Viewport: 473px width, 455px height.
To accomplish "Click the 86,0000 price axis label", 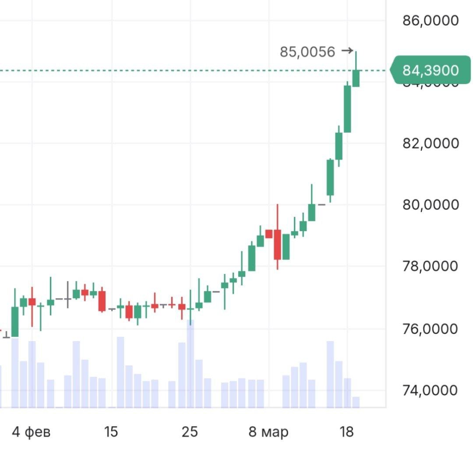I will pyautogui.click(x=431, y=21).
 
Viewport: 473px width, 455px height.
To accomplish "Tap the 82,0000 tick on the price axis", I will pyautogui.click(x=431, y=143).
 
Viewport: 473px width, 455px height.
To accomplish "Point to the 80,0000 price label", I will pyautogui.click(x=431, y=205).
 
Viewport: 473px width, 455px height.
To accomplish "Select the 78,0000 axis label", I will pyautogui.click(x=431, y=266).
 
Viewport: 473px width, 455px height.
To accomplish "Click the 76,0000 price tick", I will pyautogui.click(x=431, y=329).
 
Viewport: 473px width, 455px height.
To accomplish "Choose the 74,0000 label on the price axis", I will pyautogui.click(x=431, y=390).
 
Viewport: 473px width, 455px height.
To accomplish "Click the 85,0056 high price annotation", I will pyautogui.click(x=307, y=52).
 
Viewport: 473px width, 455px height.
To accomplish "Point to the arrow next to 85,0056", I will pyautogui.click(x=347, y=51).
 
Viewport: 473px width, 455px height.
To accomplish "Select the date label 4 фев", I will pyautogui.click(x=31, y=432).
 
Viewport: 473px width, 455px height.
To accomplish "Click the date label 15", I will pyautogui.click(x=111, y=432).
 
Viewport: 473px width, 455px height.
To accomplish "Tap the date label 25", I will pyautogui.click(x=190, y=432).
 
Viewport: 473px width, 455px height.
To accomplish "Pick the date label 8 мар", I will pyautogui.click(x=268, y=432).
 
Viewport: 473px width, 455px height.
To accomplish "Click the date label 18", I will pyautogui.click(x=346, y=432).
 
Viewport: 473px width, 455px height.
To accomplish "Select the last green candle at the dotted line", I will pyautogui.click(x=356, y=78).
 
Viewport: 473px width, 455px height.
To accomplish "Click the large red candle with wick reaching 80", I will pyautogui.click(x=277, y=244).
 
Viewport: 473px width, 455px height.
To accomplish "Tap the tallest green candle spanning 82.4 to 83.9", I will pyautogui.click(x=347, y=109).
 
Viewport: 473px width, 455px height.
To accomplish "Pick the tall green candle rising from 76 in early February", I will pyautogui.click(x=15, y=321).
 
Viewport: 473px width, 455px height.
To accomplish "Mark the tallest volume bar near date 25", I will pyautogui.click(x=191, y=364).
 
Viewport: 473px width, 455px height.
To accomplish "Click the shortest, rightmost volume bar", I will pyautogui.click(x=356, y=402).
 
